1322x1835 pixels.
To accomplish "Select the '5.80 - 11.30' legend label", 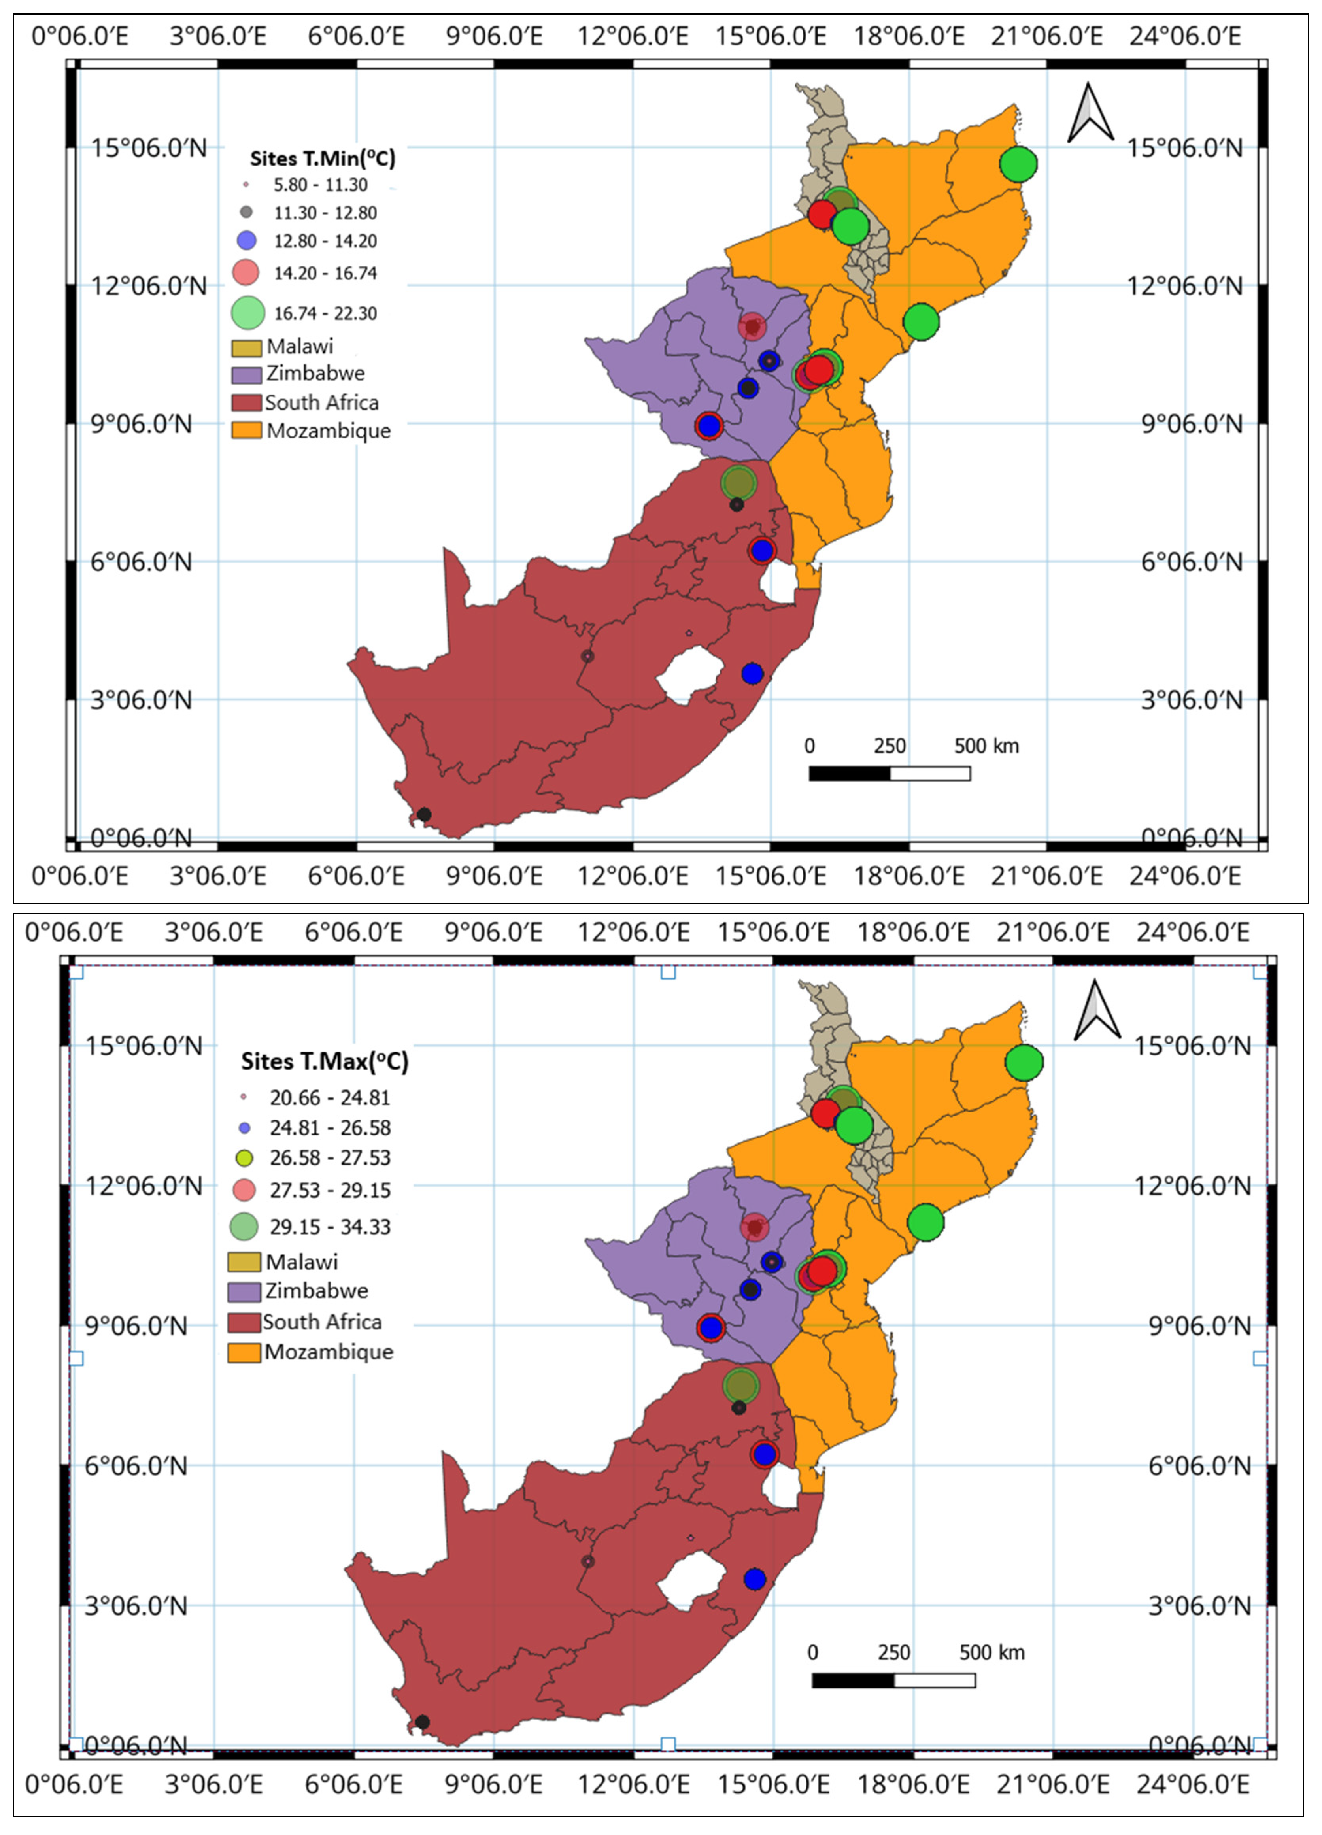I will point(320,185).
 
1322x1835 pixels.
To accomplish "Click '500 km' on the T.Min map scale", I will point(986,746).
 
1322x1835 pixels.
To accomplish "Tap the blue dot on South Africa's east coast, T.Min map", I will point(752,673).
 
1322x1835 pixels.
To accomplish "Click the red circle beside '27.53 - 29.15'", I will point(244,1190).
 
